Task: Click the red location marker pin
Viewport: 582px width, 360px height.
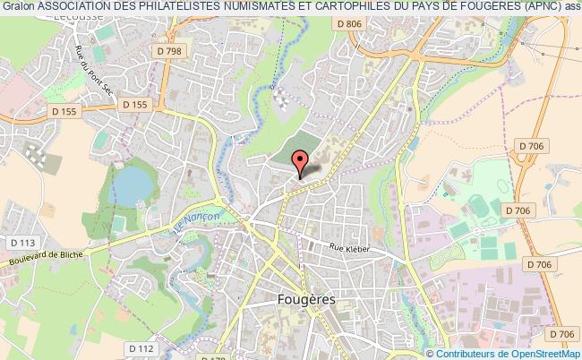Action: coord(300,162)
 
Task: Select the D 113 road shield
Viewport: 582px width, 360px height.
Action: coord(21,242)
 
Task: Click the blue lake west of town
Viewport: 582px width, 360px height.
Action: coord(133,186)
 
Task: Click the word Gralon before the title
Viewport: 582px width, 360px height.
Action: coord(16,7)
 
